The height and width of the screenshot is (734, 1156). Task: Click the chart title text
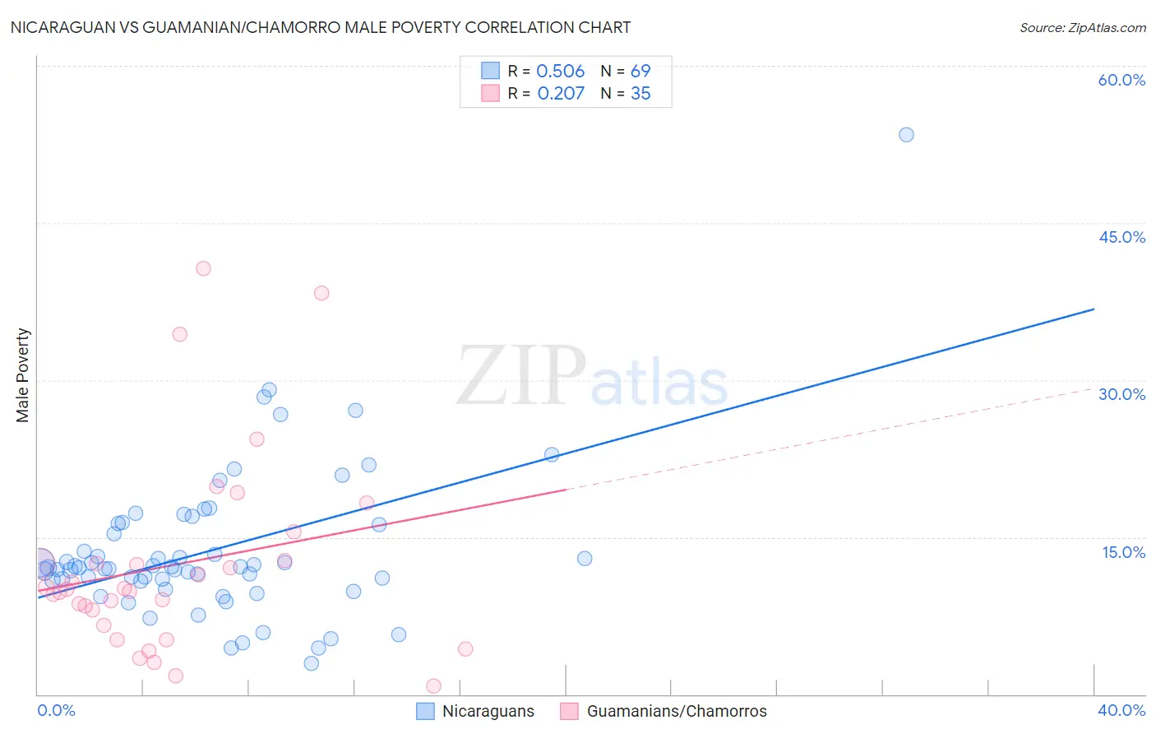click(x=321, y=27)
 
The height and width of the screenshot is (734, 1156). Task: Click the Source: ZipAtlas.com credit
click(x=1082, y=28)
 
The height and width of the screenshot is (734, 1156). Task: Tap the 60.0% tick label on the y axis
click(x=1121, y=80)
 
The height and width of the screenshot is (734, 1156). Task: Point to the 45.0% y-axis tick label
click(x=1121, y=237)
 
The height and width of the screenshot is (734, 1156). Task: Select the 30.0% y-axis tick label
click(x=1121, y=394)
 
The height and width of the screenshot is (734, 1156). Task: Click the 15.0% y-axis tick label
click(x=1123, y=552)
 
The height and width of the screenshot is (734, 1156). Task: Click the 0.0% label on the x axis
click(x=56, y=710)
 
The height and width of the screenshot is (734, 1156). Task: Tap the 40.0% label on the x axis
click(x=1121, y=710)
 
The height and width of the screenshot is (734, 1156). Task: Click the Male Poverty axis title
click(x=23, y=375)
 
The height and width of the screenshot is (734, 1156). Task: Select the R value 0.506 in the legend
click(x=560, y=72)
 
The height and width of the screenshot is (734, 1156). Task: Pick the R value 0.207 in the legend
click(x=561, y=94)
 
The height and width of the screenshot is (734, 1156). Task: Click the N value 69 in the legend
click(x=640, y=72)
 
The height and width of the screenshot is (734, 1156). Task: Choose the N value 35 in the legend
click(x=640, y=94)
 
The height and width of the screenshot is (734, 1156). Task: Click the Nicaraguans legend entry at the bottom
click(x=488, y=711)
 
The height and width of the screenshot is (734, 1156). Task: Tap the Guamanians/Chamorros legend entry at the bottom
click(x=676, y=711)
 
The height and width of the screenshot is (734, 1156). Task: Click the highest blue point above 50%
click(x=906, y=135)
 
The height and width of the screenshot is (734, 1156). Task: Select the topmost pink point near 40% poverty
click(x=203, y=268)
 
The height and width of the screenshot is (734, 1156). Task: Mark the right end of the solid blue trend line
click(x=1094, y=309)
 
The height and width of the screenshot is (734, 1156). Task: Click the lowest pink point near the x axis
click(x=433, y=686)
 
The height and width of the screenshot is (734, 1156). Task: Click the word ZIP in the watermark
click(x=521, y=376)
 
